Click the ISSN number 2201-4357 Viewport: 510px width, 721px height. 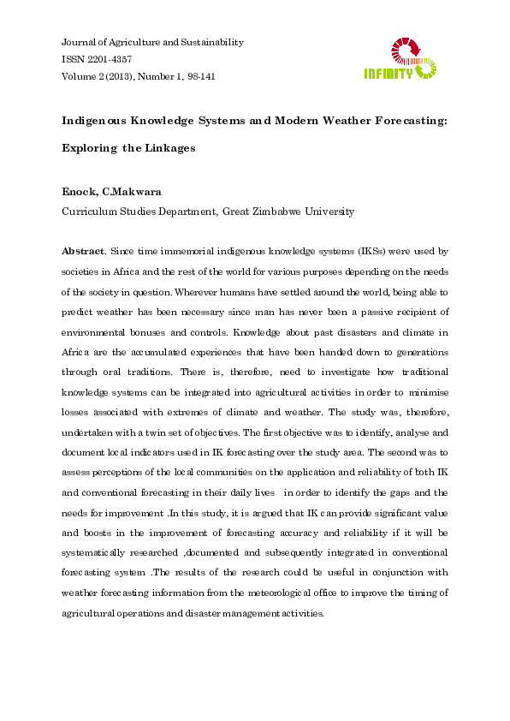pyautogui.click(x=109, y=59)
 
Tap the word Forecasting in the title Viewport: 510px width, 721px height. pyautogui.click(x=404, y=120)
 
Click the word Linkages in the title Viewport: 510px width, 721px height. pyautogui.click(x=169, y=147)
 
